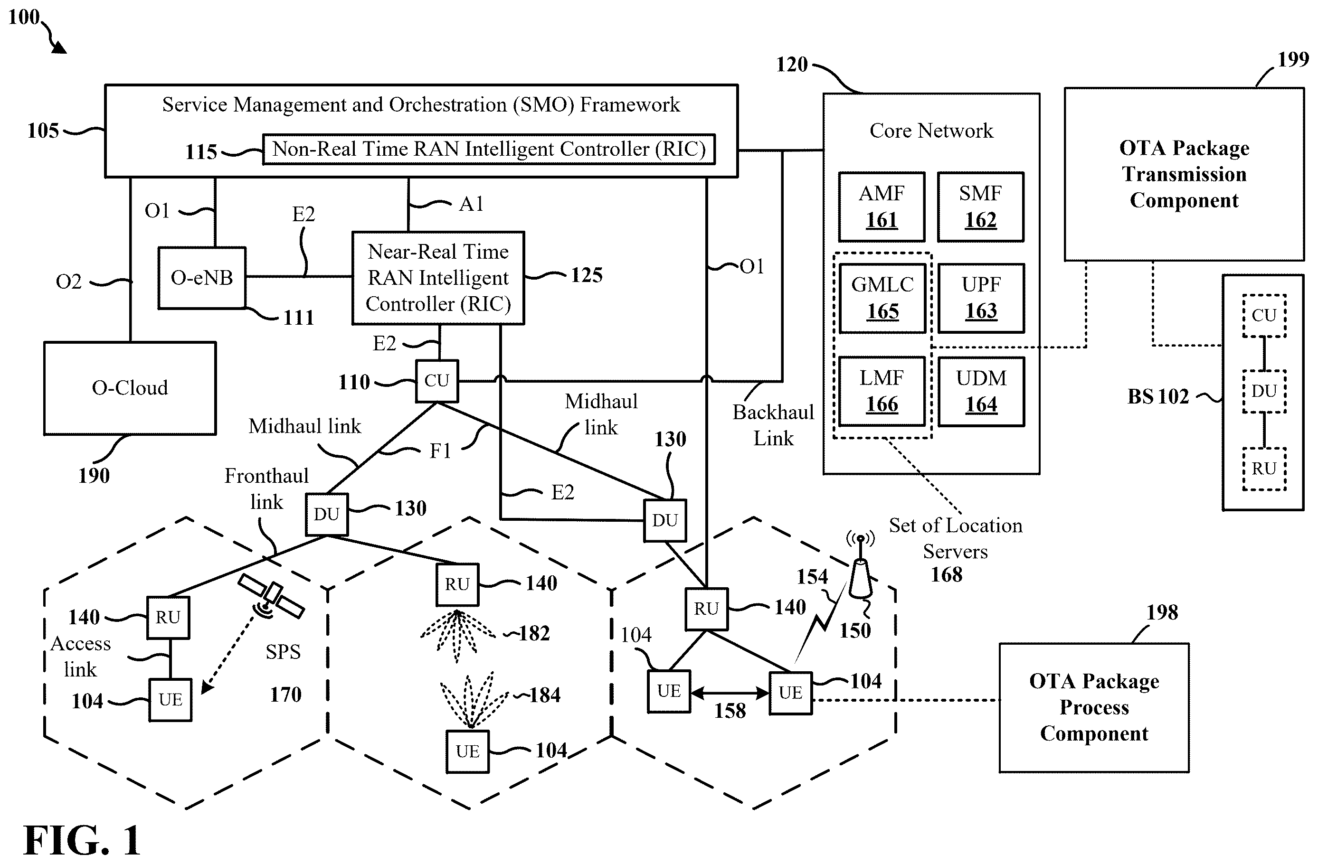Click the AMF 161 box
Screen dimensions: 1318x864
882,207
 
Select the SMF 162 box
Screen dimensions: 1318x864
981,207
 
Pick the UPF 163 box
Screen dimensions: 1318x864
981,298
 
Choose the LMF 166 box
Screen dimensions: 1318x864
882,391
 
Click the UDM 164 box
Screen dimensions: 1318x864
981,391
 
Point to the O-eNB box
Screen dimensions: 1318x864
202,277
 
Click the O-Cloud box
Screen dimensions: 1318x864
130,388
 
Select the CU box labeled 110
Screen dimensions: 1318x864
437,381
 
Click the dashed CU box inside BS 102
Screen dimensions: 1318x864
1264,316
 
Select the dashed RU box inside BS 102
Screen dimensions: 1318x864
1264,469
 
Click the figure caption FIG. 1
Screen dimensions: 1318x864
82,840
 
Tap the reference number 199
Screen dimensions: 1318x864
1294,59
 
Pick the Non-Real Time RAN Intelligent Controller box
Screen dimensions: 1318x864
489,149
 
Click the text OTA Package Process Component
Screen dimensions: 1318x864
1094,707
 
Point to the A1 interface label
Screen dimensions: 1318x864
471,204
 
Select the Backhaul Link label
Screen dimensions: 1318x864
774,425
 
